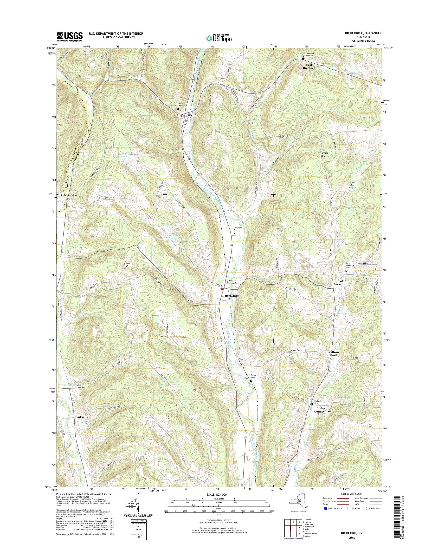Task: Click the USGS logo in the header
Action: click(70, 37)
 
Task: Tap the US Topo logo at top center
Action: click(219, 38)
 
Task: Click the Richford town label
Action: click(194, 115)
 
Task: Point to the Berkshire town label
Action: click(232, 296)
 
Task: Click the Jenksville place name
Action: click(82, 417)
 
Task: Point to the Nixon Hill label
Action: click(127, 265)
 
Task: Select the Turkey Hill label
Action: click(325, 154)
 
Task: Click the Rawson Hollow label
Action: click(69, 195)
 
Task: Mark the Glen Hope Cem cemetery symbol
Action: click(75, 387)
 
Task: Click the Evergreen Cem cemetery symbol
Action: click(234, 234)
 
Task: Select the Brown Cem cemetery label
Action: click(253, 376)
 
